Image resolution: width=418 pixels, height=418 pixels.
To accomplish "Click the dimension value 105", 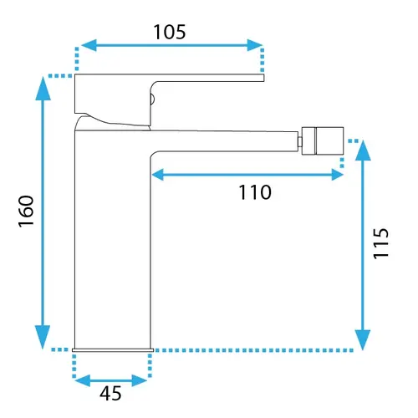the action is point(170,32).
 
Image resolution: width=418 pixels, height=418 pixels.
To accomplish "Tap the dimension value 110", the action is point(255,192).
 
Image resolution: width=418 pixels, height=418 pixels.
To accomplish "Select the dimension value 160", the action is point(26,212).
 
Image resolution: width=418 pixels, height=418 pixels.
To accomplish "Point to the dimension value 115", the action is point(380,243).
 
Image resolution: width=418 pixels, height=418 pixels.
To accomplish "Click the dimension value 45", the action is point(110,394).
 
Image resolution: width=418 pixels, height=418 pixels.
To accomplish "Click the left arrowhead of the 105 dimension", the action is point(89,45).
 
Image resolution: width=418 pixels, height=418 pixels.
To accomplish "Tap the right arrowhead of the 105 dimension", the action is point(255,45).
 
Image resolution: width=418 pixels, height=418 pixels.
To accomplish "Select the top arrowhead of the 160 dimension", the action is point(43,89).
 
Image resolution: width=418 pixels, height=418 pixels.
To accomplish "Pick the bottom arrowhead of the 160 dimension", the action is point(43,337).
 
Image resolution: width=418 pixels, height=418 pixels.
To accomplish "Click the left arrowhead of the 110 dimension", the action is point(158,175).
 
